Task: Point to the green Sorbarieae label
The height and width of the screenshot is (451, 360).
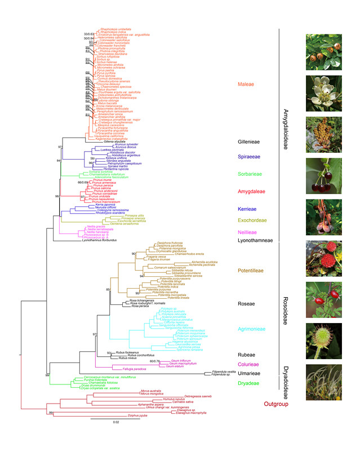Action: point(248,174)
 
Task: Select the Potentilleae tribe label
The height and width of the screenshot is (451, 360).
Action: point(249,271)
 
